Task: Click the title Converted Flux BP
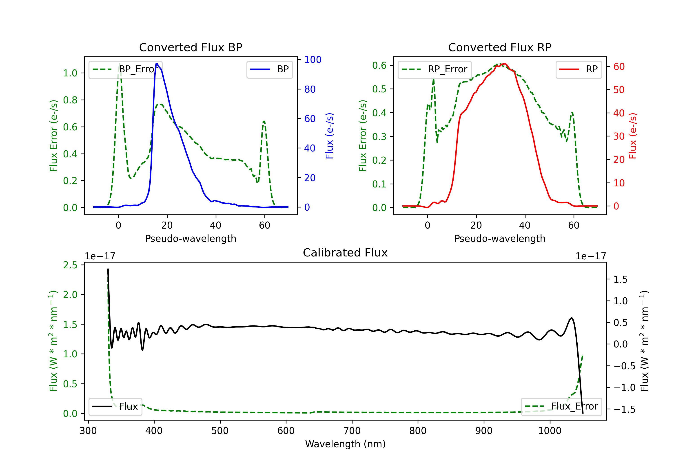(x=191, y=47)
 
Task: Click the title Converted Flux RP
(x=500, y=47)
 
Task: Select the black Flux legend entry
(x=115, y=407)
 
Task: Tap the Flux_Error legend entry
(x=561, y=407)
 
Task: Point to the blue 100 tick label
(x=313, y=60)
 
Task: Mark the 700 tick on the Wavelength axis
(x=352, y=431)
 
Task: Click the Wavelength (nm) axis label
(x=345, y=444)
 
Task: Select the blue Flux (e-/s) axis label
(x=329, y=136)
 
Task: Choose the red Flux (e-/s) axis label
(x=633, y=136)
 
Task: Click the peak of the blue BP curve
(x=157, y=64)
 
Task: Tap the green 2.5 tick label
(x=70, y=265)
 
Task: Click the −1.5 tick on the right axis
(x=624, y=410)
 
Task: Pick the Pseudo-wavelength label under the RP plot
(x=500, y=238)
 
